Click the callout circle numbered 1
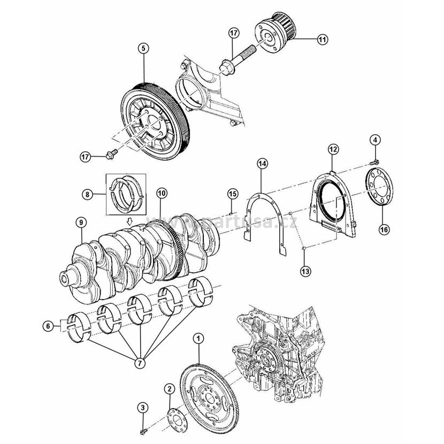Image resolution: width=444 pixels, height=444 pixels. click(x=199, y=338)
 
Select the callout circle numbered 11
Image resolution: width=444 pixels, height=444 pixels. click(x=323, y=39)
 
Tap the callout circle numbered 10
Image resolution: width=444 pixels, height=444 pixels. click(x=162, y=192)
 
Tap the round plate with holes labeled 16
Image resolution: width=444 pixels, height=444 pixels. click(x=380, y=187)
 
